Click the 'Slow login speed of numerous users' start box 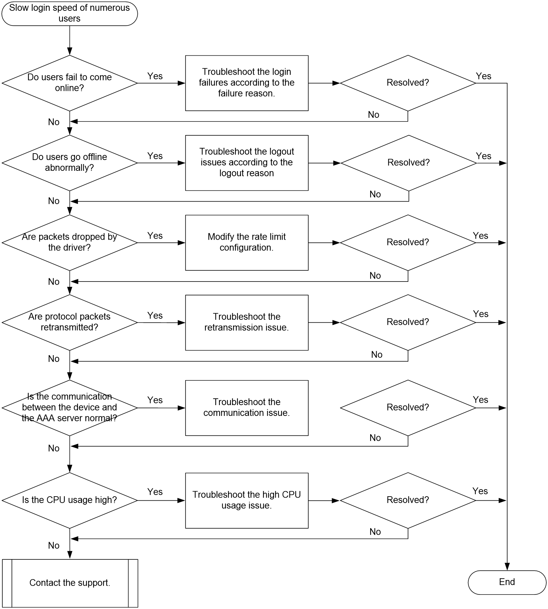coord(70,14)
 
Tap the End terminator coord(507,582)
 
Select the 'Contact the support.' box coord(70,583)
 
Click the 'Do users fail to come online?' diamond coord(70,83)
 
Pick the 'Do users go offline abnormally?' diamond coord(70,163)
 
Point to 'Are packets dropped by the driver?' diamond coord(70,242)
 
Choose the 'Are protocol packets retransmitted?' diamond coord(70,322)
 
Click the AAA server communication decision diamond coord(70,408)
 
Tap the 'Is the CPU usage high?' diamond coord(70,500)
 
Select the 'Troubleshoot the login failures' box coord(247,83)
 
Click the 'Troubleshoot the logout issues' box coord(247,163)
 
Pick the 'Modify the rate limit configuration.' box coord(247,242)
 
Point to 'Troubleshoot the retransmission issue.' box coord(247,322)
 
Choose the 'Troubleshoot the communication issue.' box coord(247,408)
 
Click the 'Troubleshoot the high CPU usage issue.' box coord(247,500)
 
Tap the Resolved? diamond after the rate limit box coord(408,242)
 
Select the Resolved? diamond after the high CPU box coord(408,500)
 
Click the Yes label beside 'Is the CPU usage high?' coord(155,492)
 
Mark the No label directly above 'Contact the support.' coord(54,545)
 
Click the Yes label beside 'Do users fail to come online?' coord(155,76)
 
